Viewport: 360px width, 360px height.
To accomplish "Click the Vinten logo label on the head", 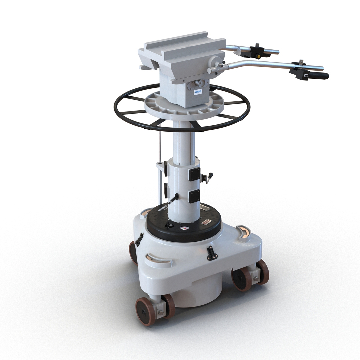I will click(x=198, y=91).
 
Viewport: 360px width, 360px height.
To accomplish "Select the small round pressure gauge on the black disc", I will click(x=183, y=228).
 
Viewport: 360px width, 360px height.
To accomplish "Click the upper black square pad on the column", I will click(x=194, y=174).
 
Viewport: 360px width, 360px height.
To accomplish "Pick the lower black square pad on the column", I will click(x=194, y=196).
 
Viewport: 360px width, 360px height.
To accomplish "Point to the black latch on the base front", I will click(x=211, y=253).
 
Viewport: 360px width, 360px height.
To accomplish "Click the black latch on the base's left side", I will click(x=139, y=239).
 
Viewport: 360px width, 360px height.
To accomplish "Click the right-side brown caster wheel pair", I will click(x=251, y=275).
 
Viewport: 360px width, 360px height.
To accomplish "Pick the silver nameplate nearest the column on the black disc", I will click(x=204, y=209).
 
